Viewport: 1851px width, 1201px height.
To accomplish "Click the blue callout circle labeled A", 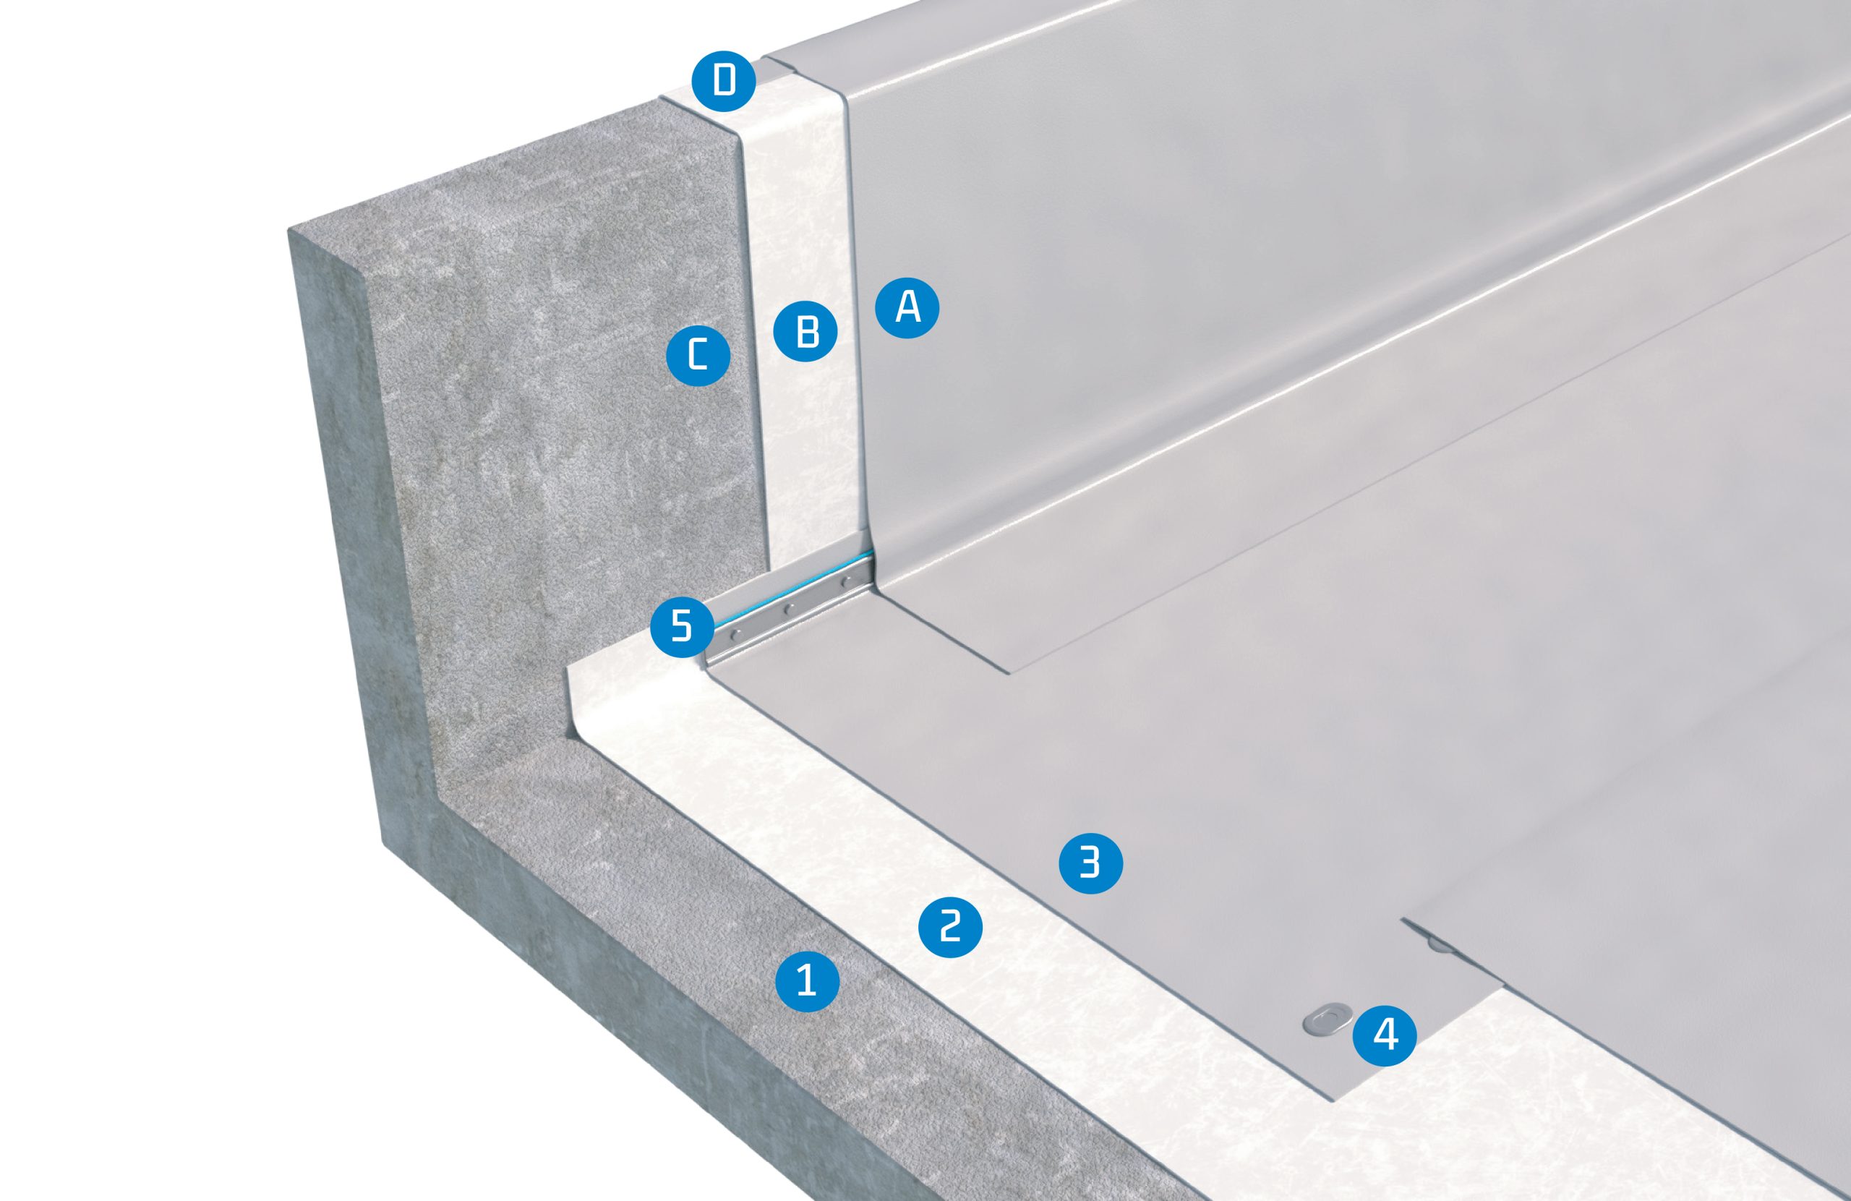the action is pos(907,308).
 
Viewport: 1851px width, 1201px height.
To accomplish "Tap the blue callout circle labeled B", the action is pos(806,331).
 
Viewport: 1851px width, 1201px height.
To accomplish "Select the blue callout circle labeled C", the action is pos(698,356).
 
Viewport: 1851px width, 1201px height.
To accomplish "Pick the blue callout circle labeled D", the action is pos(723,80).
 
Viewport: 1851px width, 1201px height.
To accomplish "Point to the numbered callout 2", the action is pos(950,926).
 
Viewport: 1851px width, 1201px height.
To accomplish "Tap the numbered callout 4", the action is pos(1385,1035).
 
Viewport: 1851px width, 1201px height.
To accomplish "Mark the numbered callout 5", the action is pos(681,625).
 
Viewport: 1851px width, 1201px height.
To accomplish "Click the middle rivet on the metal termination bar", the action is pos(788,609).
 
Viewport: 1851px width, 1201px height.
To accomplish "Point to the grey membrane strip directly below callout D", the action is pos(809,74).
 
